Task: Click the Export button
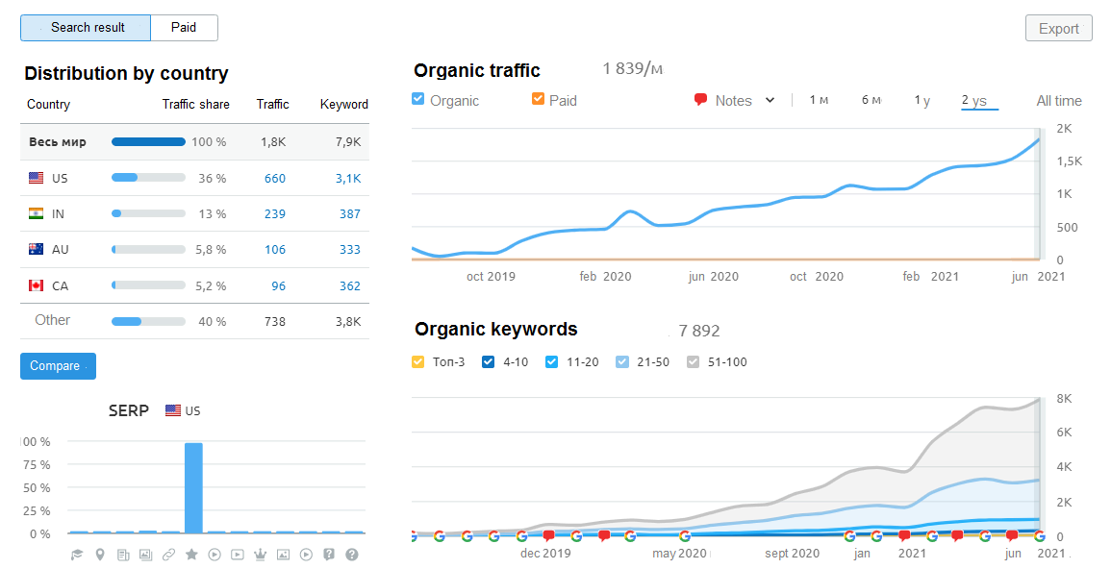pos(1058,29)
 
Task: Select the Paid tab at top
pos(184,28)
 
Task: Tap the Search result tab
pos(87,28)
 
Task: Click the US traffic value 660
pos(275,178)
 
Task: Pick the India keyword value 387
pos(349,213)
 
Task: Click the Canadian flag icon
pos(37,285)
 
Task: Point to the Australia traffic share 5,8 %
pos(210,250)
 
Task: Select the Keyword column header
pos(343,104)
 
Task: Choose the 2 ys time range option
pos(973,101)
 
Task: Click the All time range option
pos(1058,101)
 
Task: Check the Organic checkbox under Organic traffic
pos(418,99)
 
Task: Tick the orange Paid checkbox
pos(538,99)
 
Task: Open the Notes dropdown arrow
pos(770,100)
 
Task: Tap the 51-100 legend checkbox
pos(694,362)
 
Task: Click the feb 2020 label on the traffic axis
pos(605,277)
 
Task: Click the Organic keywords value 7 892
pos(698,331)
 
